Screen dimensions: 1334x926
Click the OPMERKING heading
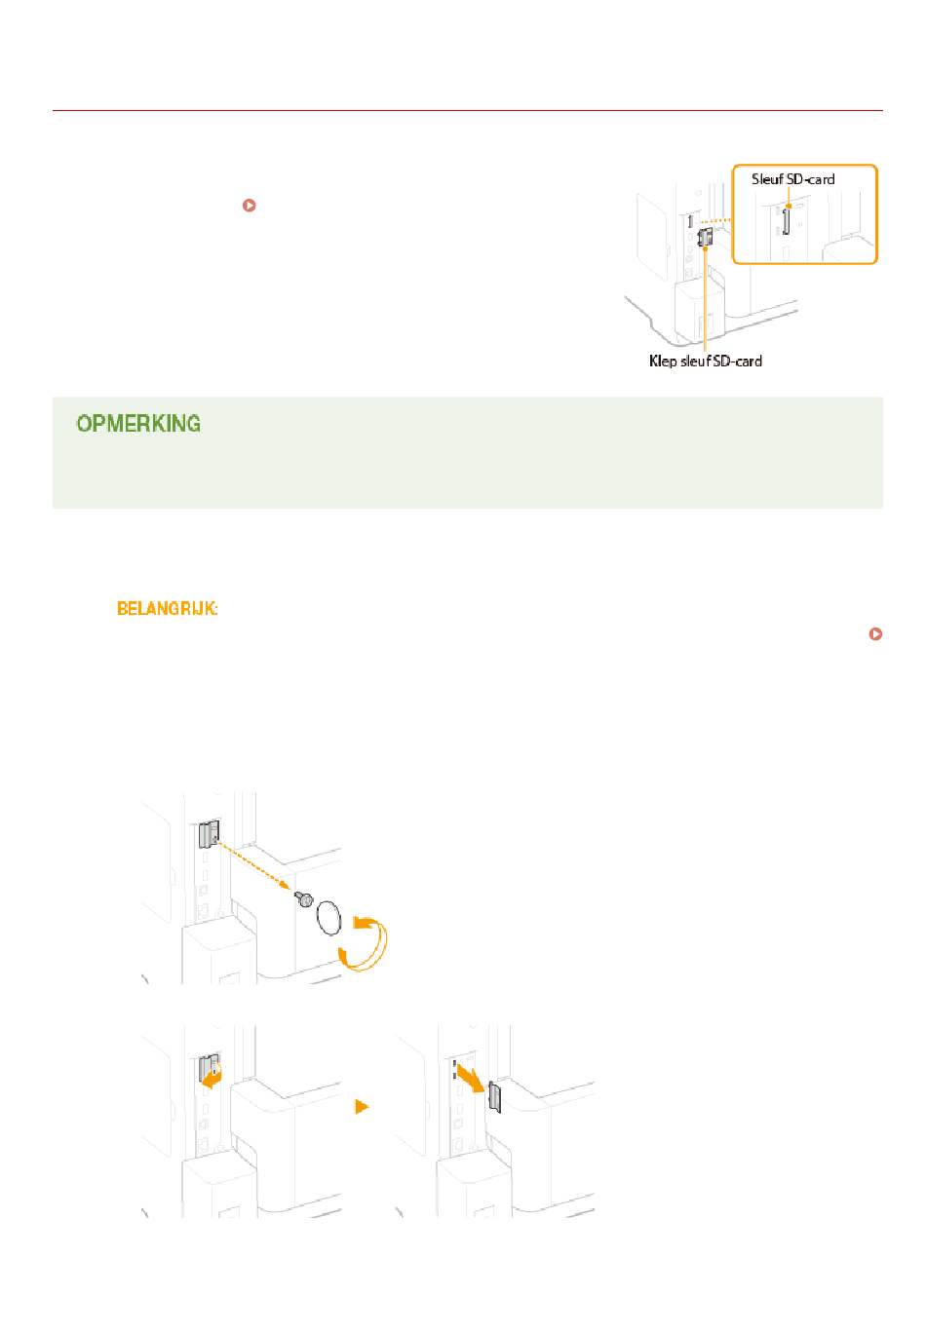point(138,424)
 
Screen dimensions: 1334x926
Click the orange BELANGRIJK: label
point(167,609)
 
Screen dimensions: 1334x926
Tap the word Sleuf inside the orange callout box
point(767,179)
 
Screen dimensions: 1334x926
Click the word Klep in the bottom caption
point(663,362)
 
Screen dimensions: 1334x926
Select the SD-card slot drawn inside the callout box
point(785,221)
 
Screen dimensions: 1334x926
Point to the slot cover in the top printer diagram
point(706,237)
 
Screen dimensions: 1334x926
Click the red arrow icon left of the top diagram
point(250,206)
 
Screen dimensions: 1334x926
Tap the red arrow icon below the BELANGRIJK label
point(875,634)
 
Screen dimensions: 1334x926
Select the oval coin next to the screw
point(328,917)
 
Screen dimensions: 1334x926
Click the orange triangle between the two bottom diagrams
point(362,1107)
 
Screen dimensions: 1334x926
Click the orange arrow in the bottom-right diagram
point(471,1078)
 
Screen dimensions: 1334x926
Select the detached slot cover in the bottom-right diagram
point(494,1096)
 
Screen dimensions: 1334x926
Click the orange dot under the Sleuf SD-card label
point(789,206)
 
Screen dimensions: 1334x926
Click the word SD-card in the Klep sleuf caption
point(737,362)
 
